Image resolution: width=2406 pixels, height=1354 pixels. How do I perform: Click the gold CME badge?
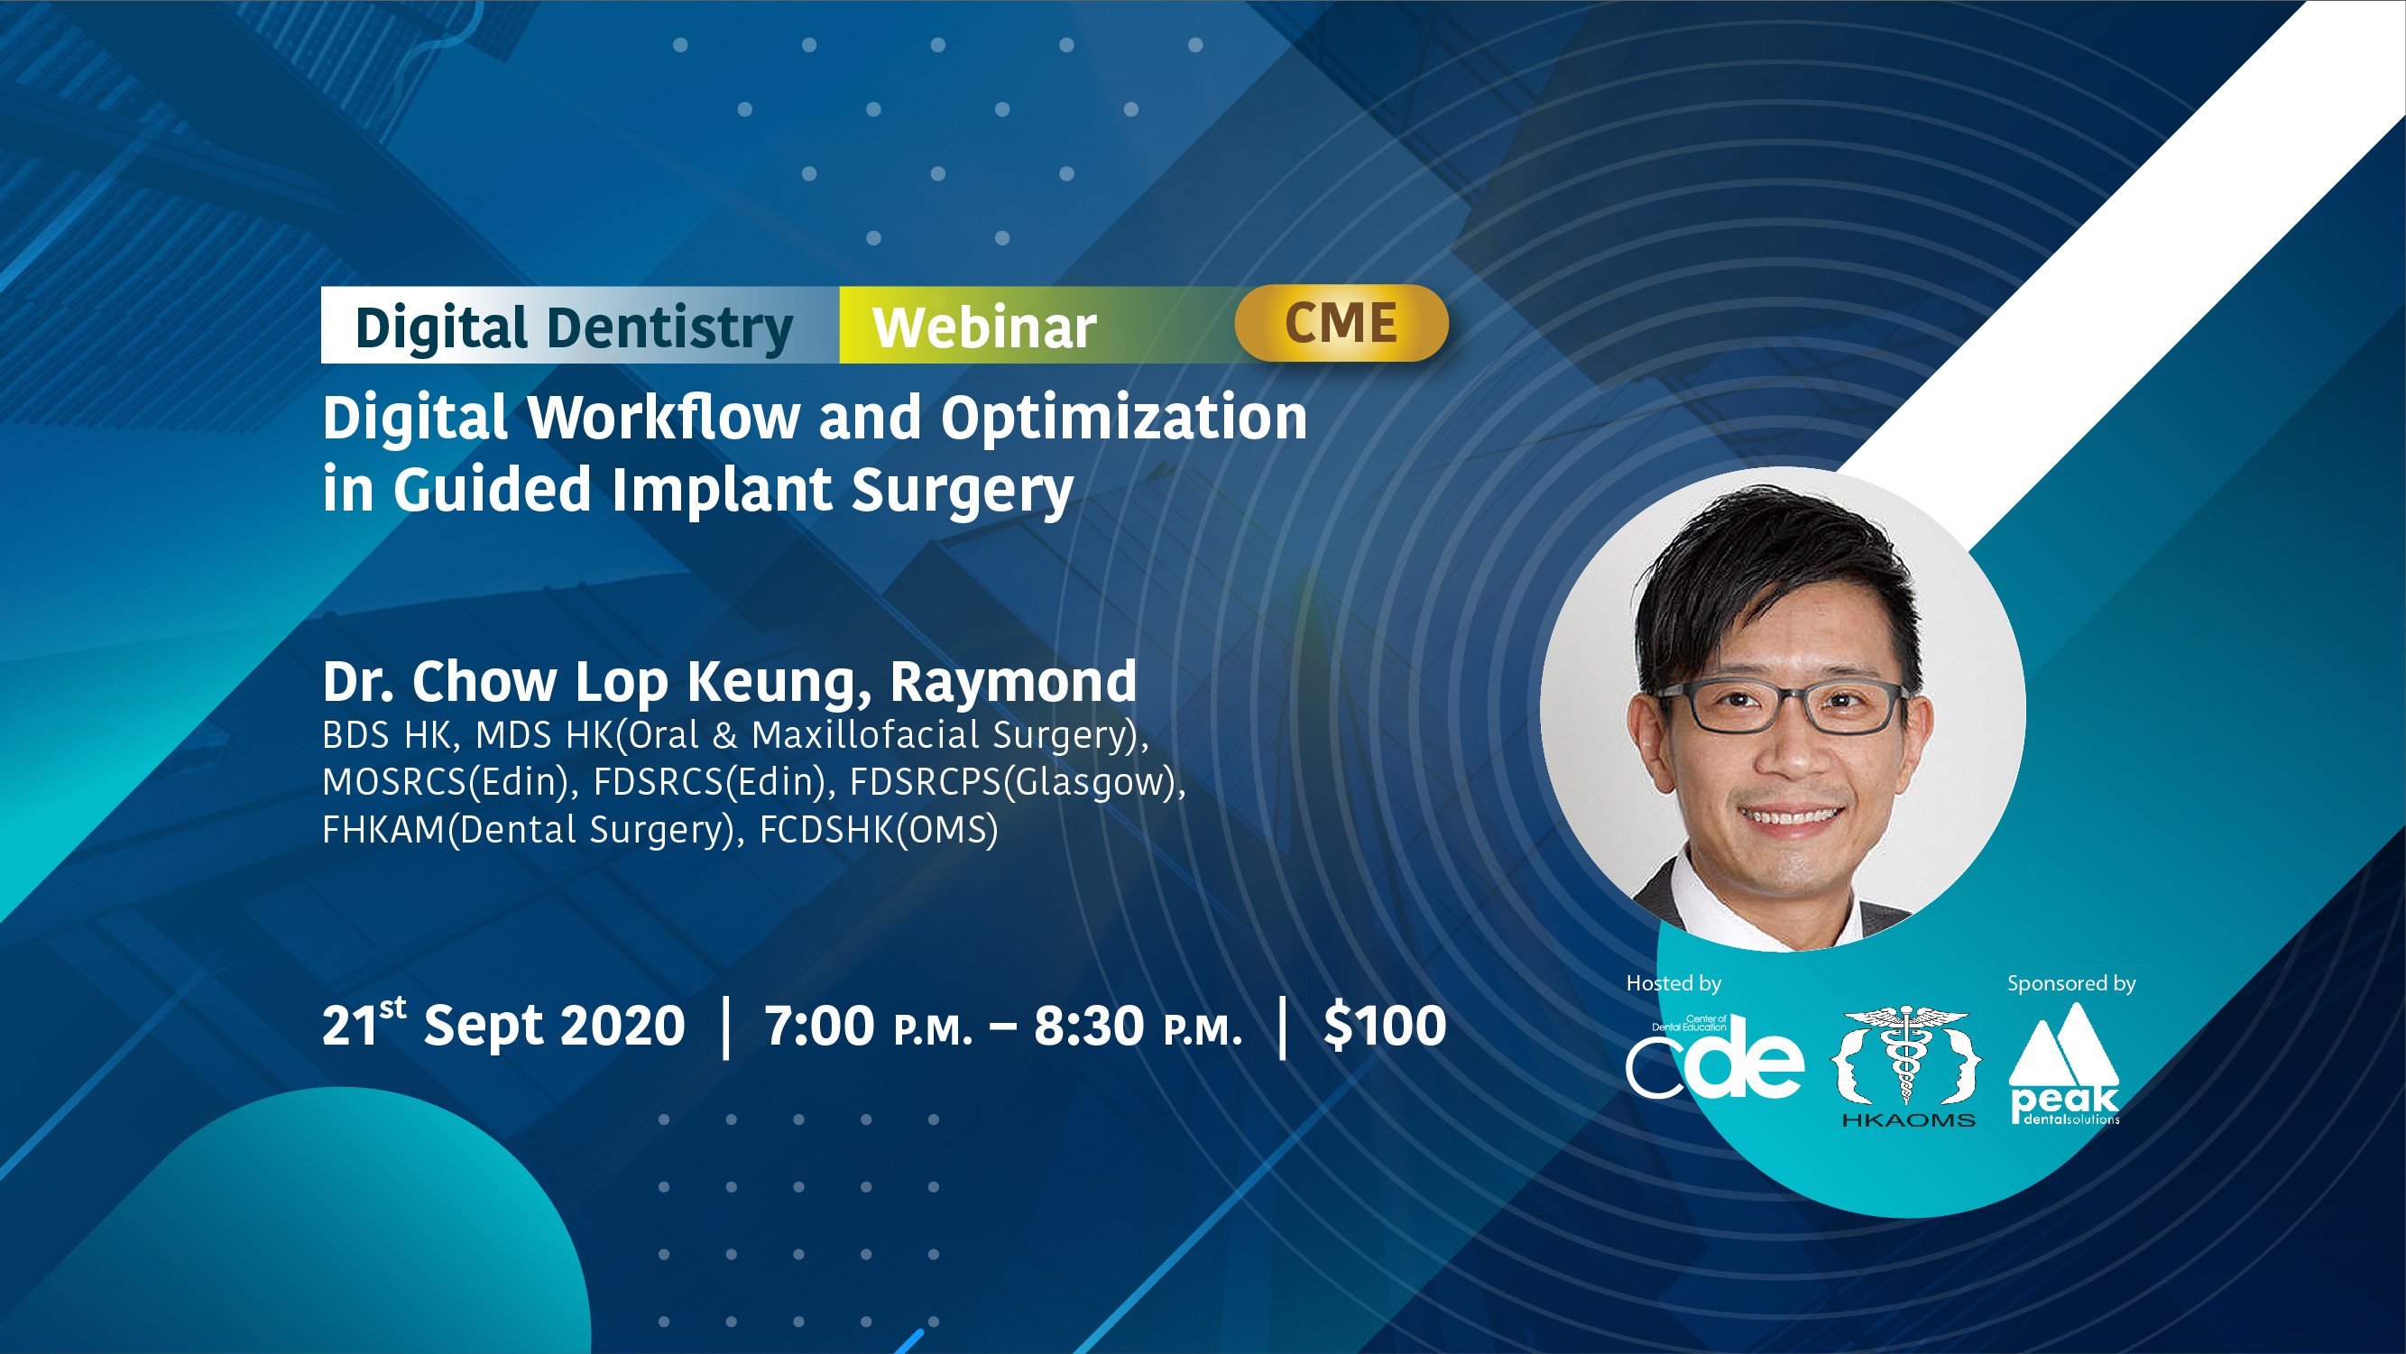1341,323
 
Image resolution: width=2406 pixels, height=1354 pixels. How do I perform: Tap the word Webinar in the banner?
984,327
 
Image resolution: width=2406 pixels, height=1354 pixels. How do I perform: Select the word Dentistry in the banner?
669,329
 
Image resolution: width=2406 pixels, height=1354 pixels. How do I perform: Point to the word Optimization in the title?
1123,419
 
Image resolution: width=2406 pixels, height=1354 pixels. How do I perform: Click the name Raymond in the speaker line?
1013,682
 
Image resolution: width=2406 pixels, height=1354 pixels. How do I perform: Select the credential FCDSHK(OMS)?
879,829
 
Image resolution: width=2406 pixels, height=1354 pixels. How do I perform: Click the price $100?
1385,1025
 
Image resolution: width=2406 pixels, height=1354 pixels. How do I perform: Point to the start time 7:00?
819,1026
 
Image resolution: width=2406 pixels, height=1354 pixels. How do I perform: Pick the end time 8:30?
1088,1026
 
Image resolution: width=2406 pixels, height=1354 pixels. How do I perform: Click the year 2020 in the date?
622,1026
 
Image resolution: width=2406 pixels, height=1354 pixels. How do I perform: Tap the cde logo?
1715,1057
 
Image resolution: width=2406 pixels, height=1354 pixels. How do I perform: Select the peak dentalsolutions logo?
2064,1064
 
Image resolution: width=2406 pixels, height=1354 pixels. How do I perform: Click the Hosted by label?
1673,983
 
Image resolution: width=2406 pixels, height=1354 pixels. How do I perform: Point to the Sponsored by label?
2071,984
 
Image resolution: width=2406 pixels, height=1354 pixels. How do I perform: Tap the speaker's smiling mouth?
1790,817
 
